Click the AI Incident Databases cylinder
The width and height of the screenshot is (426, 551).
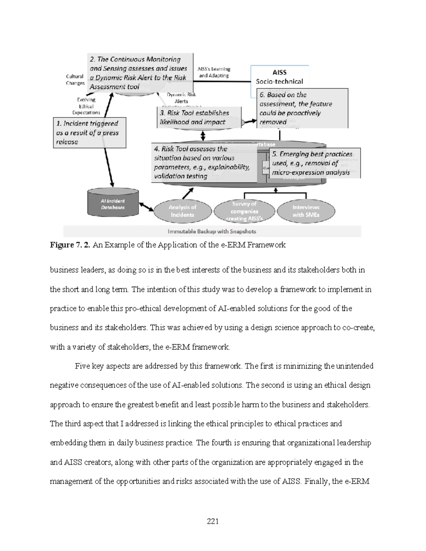[113, 203]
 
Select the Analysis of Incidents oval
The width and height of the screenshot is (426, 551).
[182, 211]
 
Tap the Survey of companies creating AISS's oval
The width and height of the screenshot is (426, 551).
[244, 211]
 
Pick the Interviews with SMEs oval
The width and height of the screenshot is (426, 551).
[306, 211]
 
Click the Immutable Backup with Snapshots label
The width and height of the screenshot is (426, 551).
[212, 231]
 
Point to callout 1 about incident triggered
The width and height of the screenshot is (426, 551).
[89, 133]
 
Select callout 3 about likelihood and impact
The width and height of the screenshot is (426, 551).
[198, 117]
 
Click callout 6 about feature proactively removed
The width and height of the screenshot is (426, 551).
[302, 108]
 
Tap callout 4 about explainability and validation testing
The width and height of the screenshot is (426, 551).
[204, 162]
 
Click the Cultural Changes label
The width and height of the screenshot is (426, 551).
[75, 80]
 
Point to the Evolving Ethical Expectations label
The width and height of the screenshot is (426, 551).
[86, 106]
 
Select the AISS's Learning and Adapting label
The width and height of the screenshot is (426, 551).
[214, 72]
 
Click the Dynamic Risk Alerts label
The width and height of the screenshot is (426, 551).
[181, 98]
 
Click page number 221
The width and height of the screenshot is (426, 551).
[213, 521]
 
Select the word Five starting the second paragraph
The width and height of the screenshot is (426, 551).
[82, 366]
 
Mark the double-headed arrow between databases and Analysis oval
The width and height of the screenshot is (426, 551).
[146, 207]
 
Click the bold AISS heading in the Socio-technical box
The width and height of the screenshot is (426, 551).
[279, 72]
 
